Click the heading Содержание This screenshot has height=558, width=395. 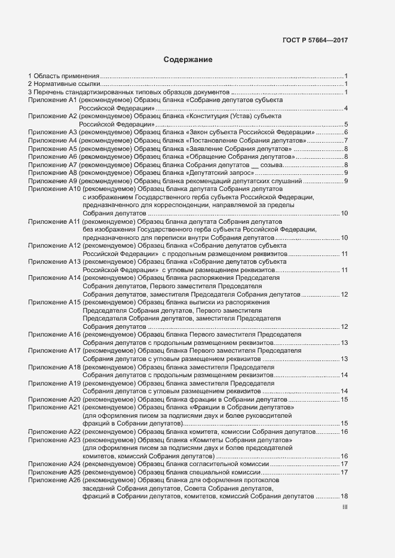(x=188, y=60)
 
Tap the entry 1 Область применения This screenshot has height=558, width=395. (x=63, y=76)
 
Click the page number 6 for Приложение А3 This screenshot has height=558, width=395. (x=346, y=132)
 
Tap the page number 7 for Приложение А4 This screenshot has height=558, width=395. (x=346, y=140)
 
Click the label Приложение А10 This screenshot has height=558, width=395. (x=54, y=189)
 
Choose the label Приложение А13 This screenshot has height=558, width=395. (x=54, y=262)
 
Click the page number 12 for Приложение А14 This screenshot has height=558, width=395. (x=344, y=294)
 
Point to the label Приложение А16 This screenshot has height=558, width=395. (x=54, y=335)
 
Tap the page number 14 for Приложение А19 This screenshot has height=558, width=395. (x=344, y=391)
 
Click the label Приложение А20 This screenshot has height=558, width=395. (x=54, y=399)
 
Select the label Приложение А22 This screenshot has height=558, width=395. (x=54, y=431)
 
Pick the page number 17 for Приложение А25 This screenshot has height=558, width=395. (x=344, y=472)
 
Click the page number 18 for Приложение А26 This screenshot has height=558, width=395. (x=344, y=497)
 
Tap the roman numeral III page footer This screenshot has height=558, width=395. (x=345, y=507)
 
